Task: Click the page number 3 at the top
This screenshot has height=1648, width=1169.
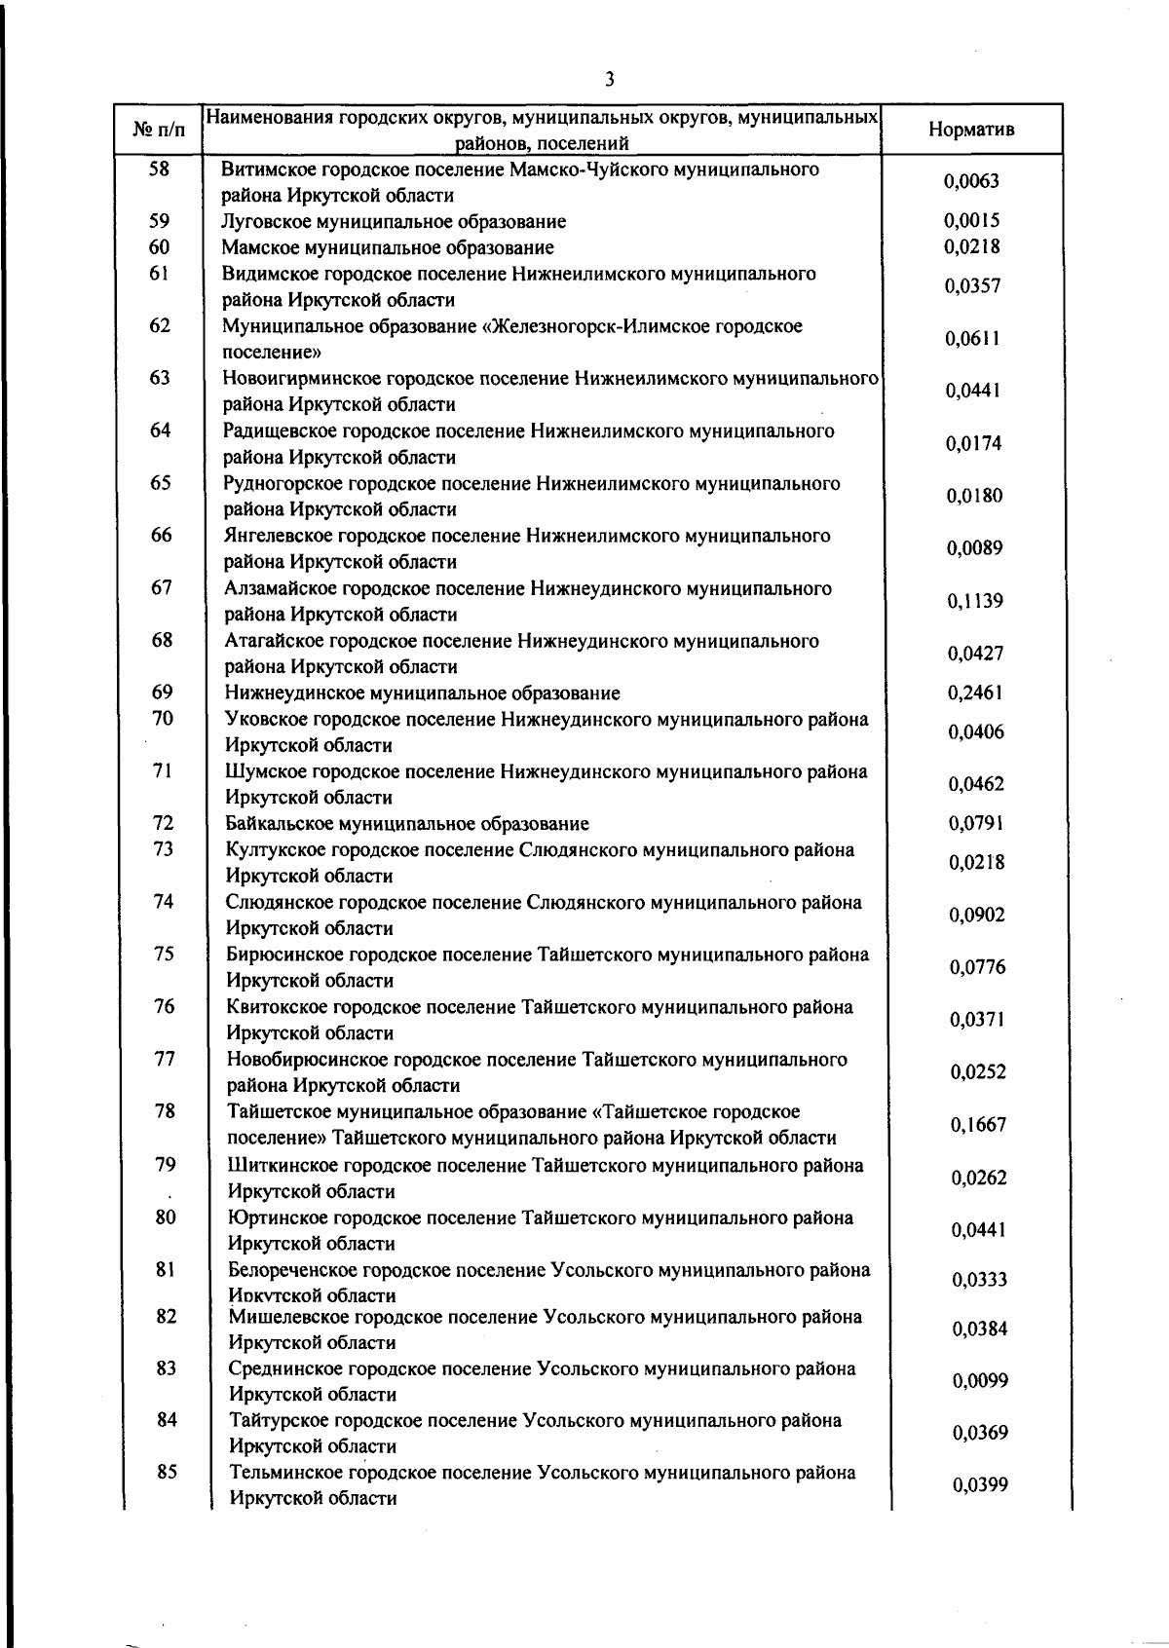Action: (609, 80)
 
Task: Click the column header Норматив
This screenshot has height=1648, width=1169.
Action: (970, 130)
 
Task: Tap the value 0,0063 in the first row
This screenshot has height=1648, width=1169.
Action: (971, 181)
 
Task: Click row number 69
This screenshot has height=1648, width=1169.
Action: (162, 693)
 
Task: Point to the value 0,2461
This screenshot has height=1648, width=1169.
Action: (974, 693)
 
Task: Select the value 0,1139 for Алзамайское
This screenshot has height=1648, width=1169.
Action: (974, 601)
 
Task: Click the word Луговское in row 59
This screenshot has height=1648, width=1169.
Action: (267, 222)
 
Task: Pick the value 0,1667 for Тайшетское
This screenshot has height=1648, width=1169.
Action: (978, 1125)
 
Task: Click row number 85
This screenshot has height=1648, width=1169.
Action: (167, 1473)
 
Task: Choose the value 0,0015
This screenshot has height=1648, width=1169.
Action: (971, 221)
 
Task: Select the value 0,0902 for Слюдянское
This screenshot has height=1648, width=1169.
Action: (977, 916)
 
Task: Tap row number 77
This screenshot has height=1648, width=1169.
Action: (165, 1059)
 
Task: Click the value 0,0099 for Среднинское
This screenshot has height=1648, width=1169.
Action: (979, 1381)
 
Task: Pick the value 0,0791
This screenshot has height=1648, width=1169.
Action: (976, 824)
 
